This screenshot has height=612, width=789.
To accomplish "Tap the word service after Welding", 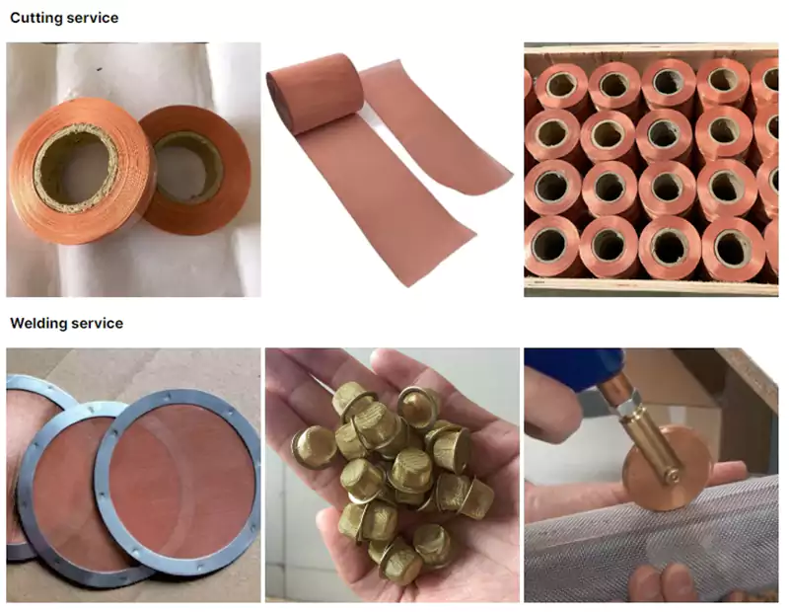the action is coord(97,323).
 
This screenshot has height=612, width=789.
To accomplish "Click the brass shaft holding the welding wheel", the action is coord(653,442).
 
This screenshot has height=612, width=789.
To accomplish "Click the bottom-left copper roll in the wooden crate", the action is coord(551,246).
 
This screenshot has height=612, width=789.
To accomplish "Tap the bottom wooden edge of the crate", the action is coord(651,287).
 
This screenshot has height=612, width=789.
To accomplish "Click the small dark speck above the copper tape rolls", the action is coord(100,69).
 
